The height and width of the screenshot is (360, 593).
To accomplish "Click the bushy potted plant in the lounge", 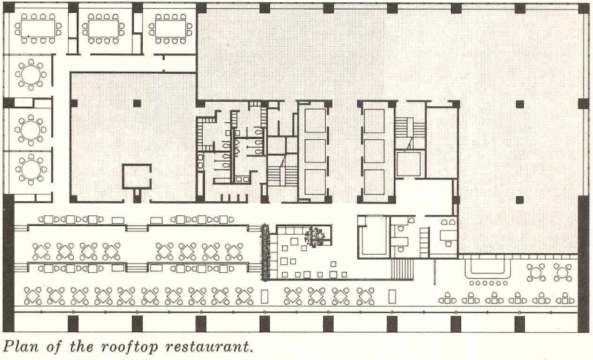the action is coord(315,237).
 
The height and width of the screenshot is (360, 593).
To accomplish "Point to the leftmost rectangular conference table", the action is coord(38,29).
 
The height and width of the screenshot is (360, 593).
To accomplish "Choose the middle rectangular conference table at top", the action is coord(103,29).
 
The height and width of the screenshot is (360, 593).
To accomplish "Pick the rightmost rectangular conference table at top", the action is coord(171,29).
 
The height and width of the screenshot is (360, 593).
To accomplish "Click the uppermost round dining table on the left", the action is coord(31,75).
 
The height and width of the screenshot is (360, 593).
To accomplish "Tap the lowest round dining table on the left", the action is coord(31,169).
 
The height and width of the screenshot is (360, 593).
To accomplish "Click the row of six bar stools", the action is coord(488,283).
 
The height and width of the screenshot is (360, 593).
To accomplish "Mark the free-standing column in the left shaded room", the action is coord(137,103).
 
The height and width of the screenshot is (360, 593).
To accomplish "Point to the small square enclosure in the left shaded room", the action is coord(136,176).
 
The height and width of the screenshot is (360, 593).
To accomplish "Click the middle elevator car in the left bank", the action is coord(315,151).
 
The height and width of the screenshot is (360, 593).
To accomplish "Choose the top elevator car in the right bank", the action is coord(374,121).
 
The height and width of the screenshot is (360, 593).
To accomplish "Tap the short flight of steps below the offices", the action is coord(401,269).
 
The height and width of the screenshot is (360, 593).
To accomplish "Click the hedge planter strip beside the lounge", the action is coord(265,252).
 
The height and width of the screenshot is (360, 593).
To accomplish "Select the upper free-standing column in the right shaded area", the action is coord(520,105).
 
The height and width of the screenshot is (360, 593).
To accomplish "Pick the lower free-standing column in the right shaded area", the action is coord(520,200).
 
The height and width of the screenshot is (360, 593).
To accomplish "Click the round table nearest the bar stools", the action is coord(536,273).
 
